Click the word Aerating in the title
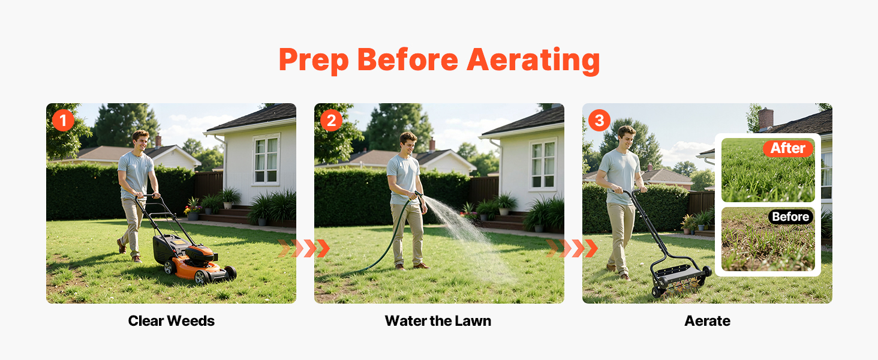[533, 60]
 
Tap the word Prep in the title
[314, 61]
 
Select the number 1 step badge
[63, 121]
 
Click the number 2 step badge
[331, 121]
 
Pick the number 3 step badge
[599, 121]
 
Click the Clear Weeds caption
[172, 321]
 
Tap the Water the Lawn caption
[438, 321]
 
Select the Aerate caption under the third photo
[708, 321]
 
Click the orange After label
[788, 148]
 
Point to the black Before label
[790, 217]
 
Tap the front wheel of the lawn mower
[202, 277]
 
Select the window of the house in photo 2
[543, 164]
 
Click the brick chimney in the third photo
[765, 119]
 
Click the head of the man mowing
[140, 141]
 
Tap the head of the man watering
[408, 143]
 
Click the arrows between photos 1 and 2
[304, 248]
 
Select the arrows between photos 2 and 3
[572, 248]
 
